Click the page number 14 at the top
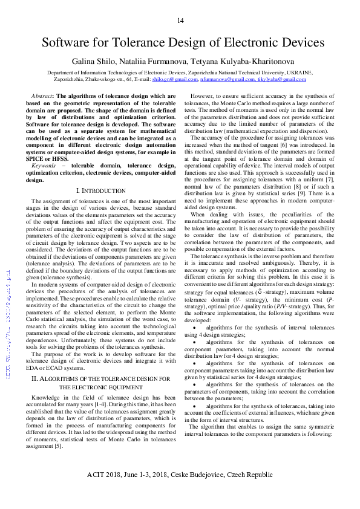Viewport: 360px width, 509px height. (180, 21)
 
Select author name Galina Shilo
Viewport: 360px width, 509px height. (93, 62)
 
